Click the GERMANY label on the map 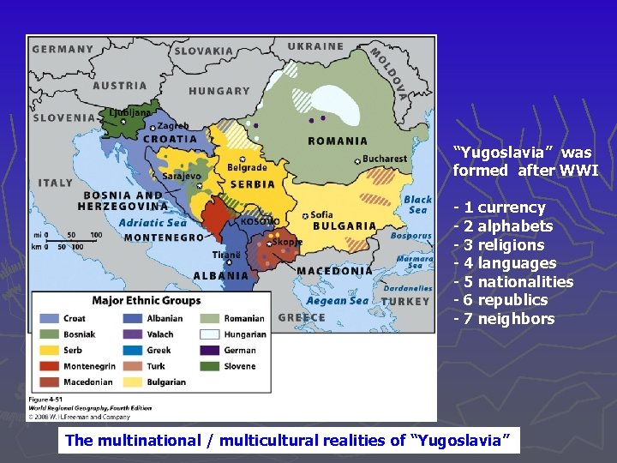tap(62, 49)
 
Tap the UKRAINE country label tap(315, 46)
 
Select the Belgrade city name tap(247, 168)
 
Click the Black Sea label tap(417, 204)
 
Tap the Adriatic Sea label tap(153, 223)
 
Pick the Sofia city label tap(322, 214)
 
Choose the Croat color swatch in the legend tap(49, 319)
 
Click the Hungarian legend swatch tap(212, 334)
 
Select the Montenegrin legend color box tap(49, 366)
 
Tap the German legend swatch tap(212, 350)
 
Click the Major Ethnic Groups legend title tap(147, 301)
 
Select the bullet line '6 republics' tap(505, 300)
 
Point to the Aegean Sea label tap(338, 300)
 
